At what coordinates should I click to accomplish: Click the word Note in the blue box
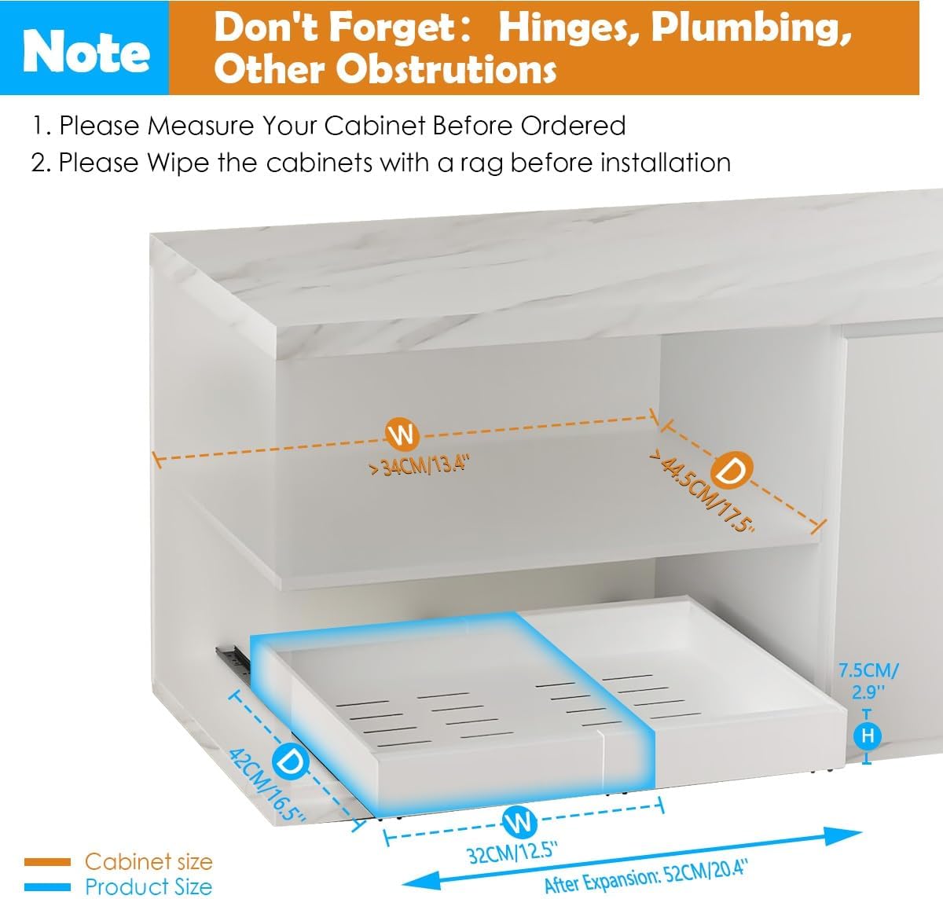[86, 52]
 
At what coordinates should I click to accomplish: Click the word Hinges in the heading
[564, 28]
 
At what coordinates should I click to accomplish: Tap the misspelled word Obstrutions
[446, 70]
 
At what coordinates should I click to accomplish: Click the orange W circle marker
[402, 434]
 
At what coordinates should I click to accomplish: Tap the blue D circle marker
[289, 761]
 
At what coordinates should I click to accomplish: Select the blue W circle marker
[519, 823]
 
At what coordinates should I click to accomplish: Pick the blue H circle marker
[868, 736]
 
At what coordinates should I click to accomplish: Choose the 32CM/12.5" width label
[512, 851]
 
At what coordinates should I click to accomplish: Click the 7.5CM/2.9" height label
[868, 681]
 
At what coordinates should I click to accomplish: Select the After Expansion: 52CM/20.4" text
[645, 875]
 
